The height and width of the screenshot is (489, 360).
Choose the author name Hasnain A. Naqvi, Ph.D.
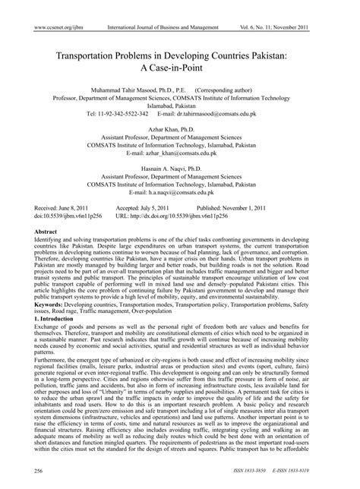180,188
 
